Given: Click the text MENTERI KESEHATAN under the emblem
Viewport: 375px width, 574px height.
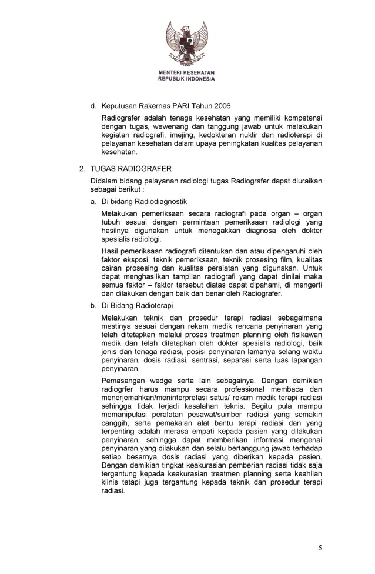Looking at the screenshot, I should click(186, 73).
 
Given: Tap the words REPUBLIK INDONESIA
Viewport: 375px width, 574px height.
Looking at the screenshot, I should click(186, 79).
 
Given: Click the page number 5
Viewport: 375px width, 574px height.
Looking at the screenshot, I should click(320, 548).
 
